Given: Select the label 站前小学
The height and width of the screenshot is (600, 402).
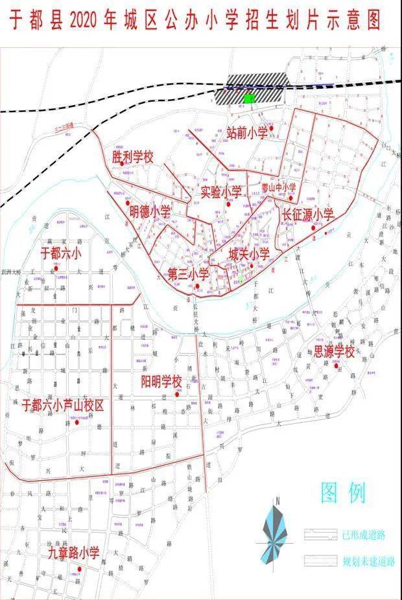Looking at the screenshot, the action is click(x=246, y=133).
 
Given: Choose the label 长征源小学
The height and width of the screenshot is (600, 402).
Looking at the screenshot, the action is click(x=307, y=214).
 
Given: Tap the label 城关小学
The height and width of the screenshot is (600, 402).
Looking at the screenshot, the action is click(x=248, y=255).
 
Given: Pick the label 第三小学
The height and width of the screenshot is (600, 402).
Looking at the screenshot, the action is click(x=188, y=274).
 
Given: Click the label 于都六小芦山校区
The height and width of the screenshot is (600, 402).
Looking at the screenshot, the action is click(x=63, y=405).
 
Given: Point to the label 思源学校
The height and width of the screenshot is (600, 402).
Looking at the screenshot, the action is click(x=335, y=352).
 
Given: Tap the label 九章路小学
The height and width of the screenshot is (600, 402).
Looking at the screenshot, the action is click(x=74, y=553).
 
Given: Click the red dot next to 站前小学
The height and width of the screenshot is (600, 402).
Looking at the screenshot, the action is click(x=272, y=128).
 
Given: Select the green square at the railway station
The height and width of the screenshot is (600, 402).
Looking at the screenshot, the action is click(x=248, y=98).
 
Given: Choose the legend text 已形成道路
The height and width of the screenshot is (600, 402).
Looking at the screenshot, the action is click(x=364, y=535).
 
